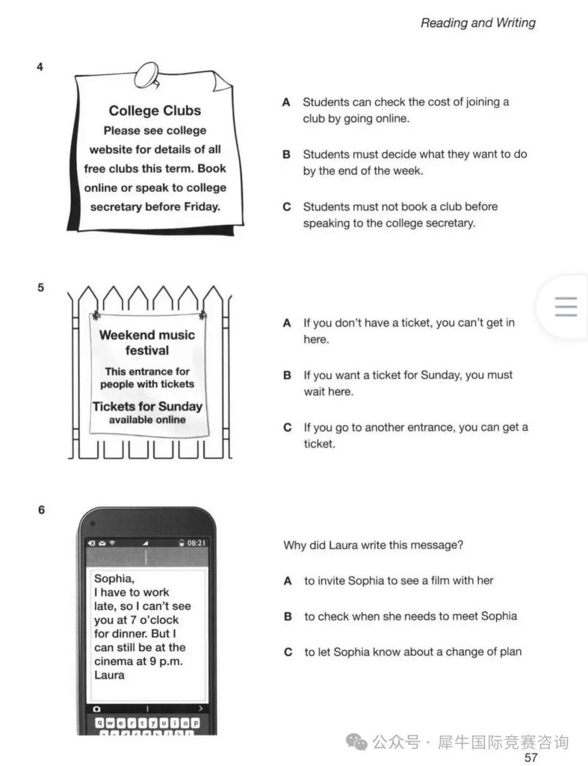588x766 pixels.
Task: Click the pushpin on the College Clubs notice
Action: pos(148,75)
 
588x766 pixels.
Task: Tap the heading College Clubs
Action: pos(155,111)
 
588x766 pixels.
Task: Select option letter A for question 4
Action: pos(286,102)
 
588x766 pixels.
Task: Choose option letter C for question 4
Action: pos(286,207)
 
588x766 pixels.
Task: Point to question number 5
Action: pos(41,287)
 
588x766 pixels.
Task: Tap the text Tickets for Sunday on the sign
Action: pos(147,406)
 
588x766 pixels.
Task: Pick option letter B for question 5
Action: pos(287,375)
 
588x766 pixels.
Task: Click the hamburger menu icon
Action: pos(566,307)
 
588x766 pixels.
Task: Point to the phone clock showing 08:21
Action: pos(196,543)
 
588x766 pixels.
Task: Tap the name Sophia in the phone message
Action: pos(114,578)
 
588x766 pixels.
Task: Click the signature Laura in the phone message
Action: pos(109,675)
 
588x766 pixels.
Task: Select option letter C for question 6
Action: pos(288,652)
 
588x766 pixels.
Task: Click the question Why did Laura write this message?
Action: pos(373,545)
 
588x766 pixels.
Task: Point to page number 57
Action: pos(531,757)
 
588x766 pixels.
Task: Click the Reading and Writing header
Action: pos(478,23)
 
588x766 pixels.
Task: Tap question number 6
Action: pos(41,510)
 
